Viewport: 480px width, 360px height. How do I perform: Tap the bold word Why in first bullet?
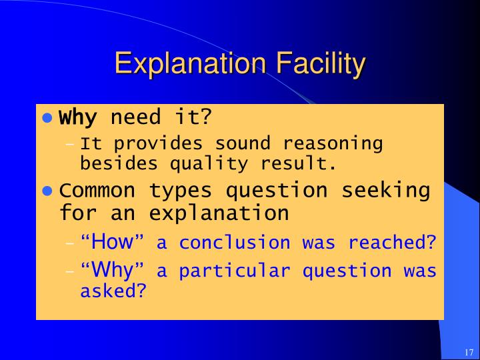click(x=78, y=118)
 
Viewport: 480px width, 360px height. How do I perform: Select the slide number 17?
click(x=467, y=352)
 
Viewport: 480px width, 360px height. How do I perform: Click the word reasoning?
click(x=333, y=143)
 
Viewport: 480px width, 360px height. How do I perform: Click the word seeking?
click(x=386, y=190)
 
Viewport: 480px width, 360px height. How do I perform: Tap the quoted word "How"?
click(x=113, y=242)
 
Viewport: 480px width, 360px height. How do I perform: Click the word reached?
click(x=392, y=243)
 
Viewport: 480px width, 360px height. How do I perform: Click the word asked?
click(x=113, y=291)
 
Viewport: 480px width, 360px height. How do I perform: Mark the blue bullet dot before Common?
click(x=47, y=191)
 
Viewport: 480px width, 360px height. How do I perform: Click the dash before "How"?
click(x=70, y=243)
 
